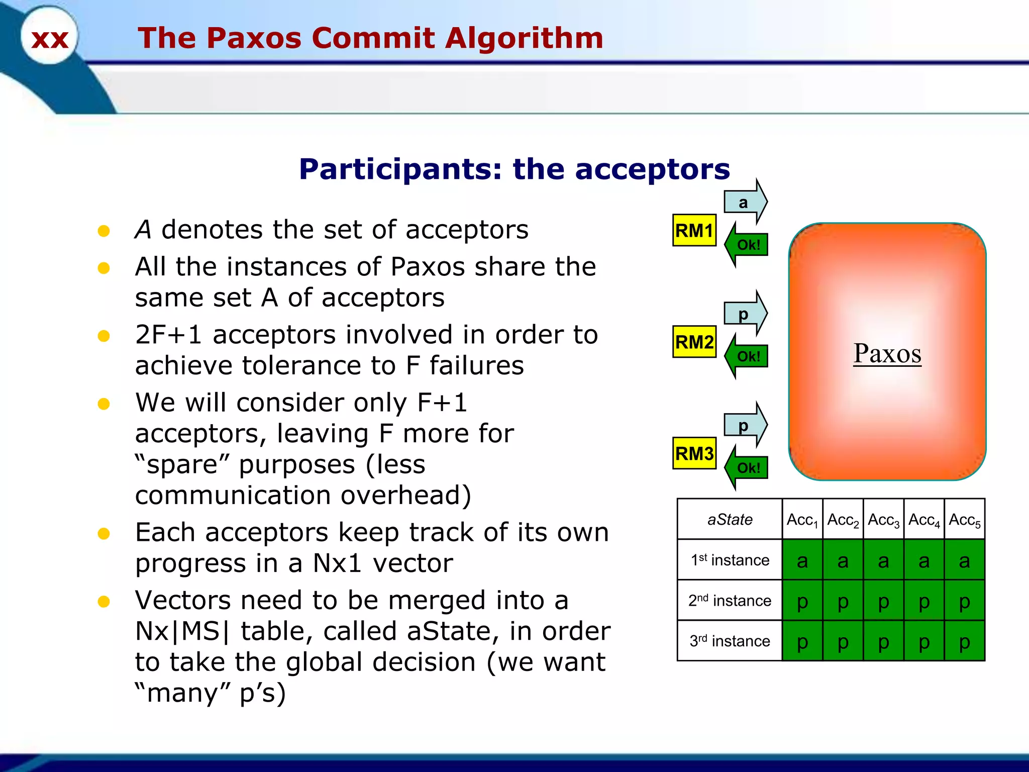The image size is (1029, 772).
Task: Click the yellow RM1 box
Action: tap(694, 231)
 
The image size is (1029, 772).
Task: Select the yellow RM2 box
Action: tap(694, 342)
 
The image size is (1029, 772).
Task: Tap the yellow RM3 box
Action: tap(694, 453)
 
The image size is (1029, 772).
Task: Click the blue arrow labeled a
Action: tap(745, 202)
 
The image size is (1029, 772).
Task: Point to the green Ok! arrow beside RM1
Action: tap(747, 245)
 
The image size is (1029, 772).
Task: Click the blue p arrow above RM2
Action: tap(745, 314)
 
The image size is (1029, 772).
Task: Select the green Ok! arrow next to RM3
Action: tap(747, 468)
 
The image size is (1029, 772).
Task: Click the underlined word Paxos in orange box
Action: tap(887, 353)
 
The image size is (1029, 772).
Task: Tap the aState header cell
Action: tap(730, 519)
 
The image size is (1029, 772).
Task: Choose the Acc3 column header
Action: tap(883, 520)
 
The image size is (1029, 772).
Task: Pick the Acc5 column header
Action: tap(964, 520)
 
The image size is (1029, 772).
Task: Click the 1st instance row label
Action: tap(730, 560)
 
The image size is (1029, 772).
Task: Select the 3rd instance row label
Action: tap(730, 641)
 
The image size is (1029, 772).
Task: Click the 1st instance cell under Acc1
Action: tap(802, 560)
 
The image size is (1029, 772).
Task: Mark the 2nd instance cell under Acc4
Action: tap(923, 601)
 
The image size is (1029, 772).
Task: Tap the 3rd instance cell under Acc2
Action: tap(843, 641)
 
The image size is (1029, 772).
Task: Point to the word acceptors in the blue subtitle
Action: tap(652, 169)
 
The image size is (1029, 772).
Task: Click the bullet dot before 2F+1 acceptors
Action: tap(104, 336)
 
